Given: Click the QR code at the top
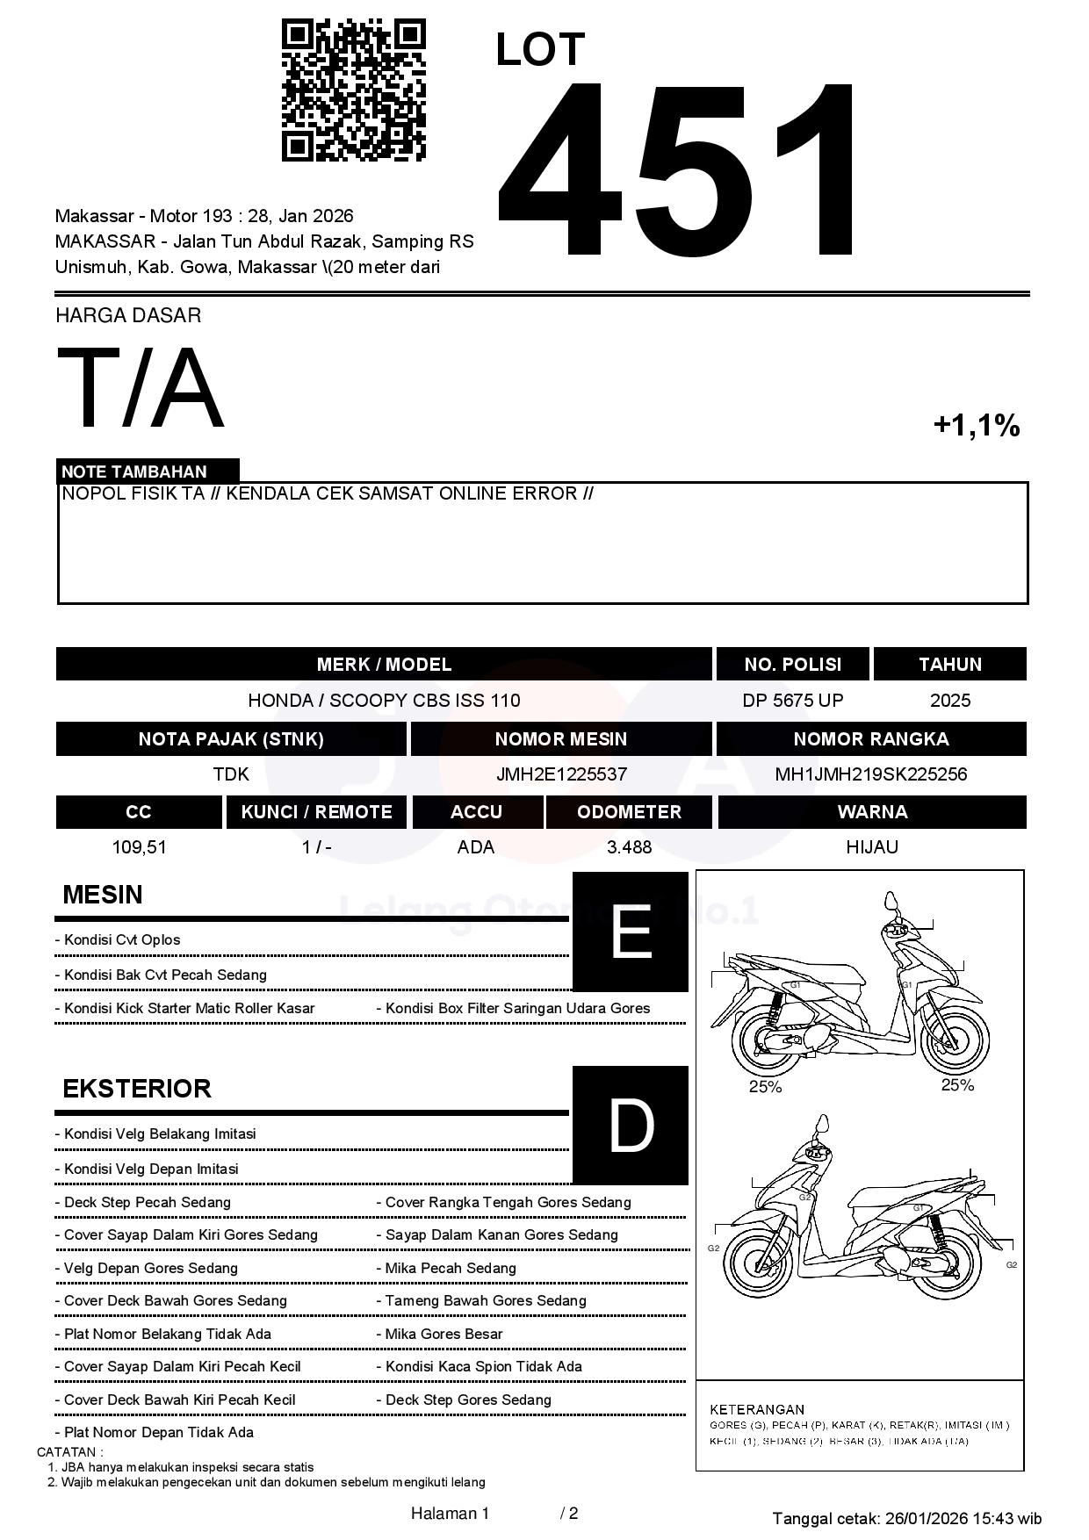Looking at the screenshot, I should click(x=353, y=90).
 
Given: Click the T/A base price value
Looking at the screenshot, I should click(x=141, y=388).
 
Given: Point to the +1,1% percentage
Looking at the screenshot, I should click(x=976, y=426).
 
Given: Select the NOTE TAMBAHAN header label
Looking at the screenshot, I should click(x=134, y=471).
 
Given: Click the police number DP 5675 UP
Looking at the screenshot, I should click(x=792, y=701).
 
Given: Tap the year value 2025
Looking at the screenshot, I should click(x=950, y=701).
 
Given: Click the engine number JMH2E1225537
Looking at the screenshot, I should click(x=561, y=774).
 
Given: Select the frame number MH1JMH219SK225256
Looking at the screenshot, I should click(x=870, y=774).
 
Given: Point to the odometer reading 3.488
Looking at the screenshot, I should click(x=629, y=847).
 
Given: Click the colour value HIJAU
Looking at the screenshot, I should click(x=872, y=847).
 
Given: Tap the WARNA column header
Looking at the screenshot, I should click(x=872, y=812).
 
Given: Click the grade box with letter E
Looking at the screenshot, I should click(x=630, y=932).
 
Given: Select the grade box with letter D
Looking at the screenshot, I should click(x=630, y=1126).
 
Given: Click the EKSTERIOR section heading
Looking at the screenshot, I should click(x=137, y=1089).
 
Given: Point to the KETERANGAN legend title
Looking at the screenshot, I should click(x=757, y=1409).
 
